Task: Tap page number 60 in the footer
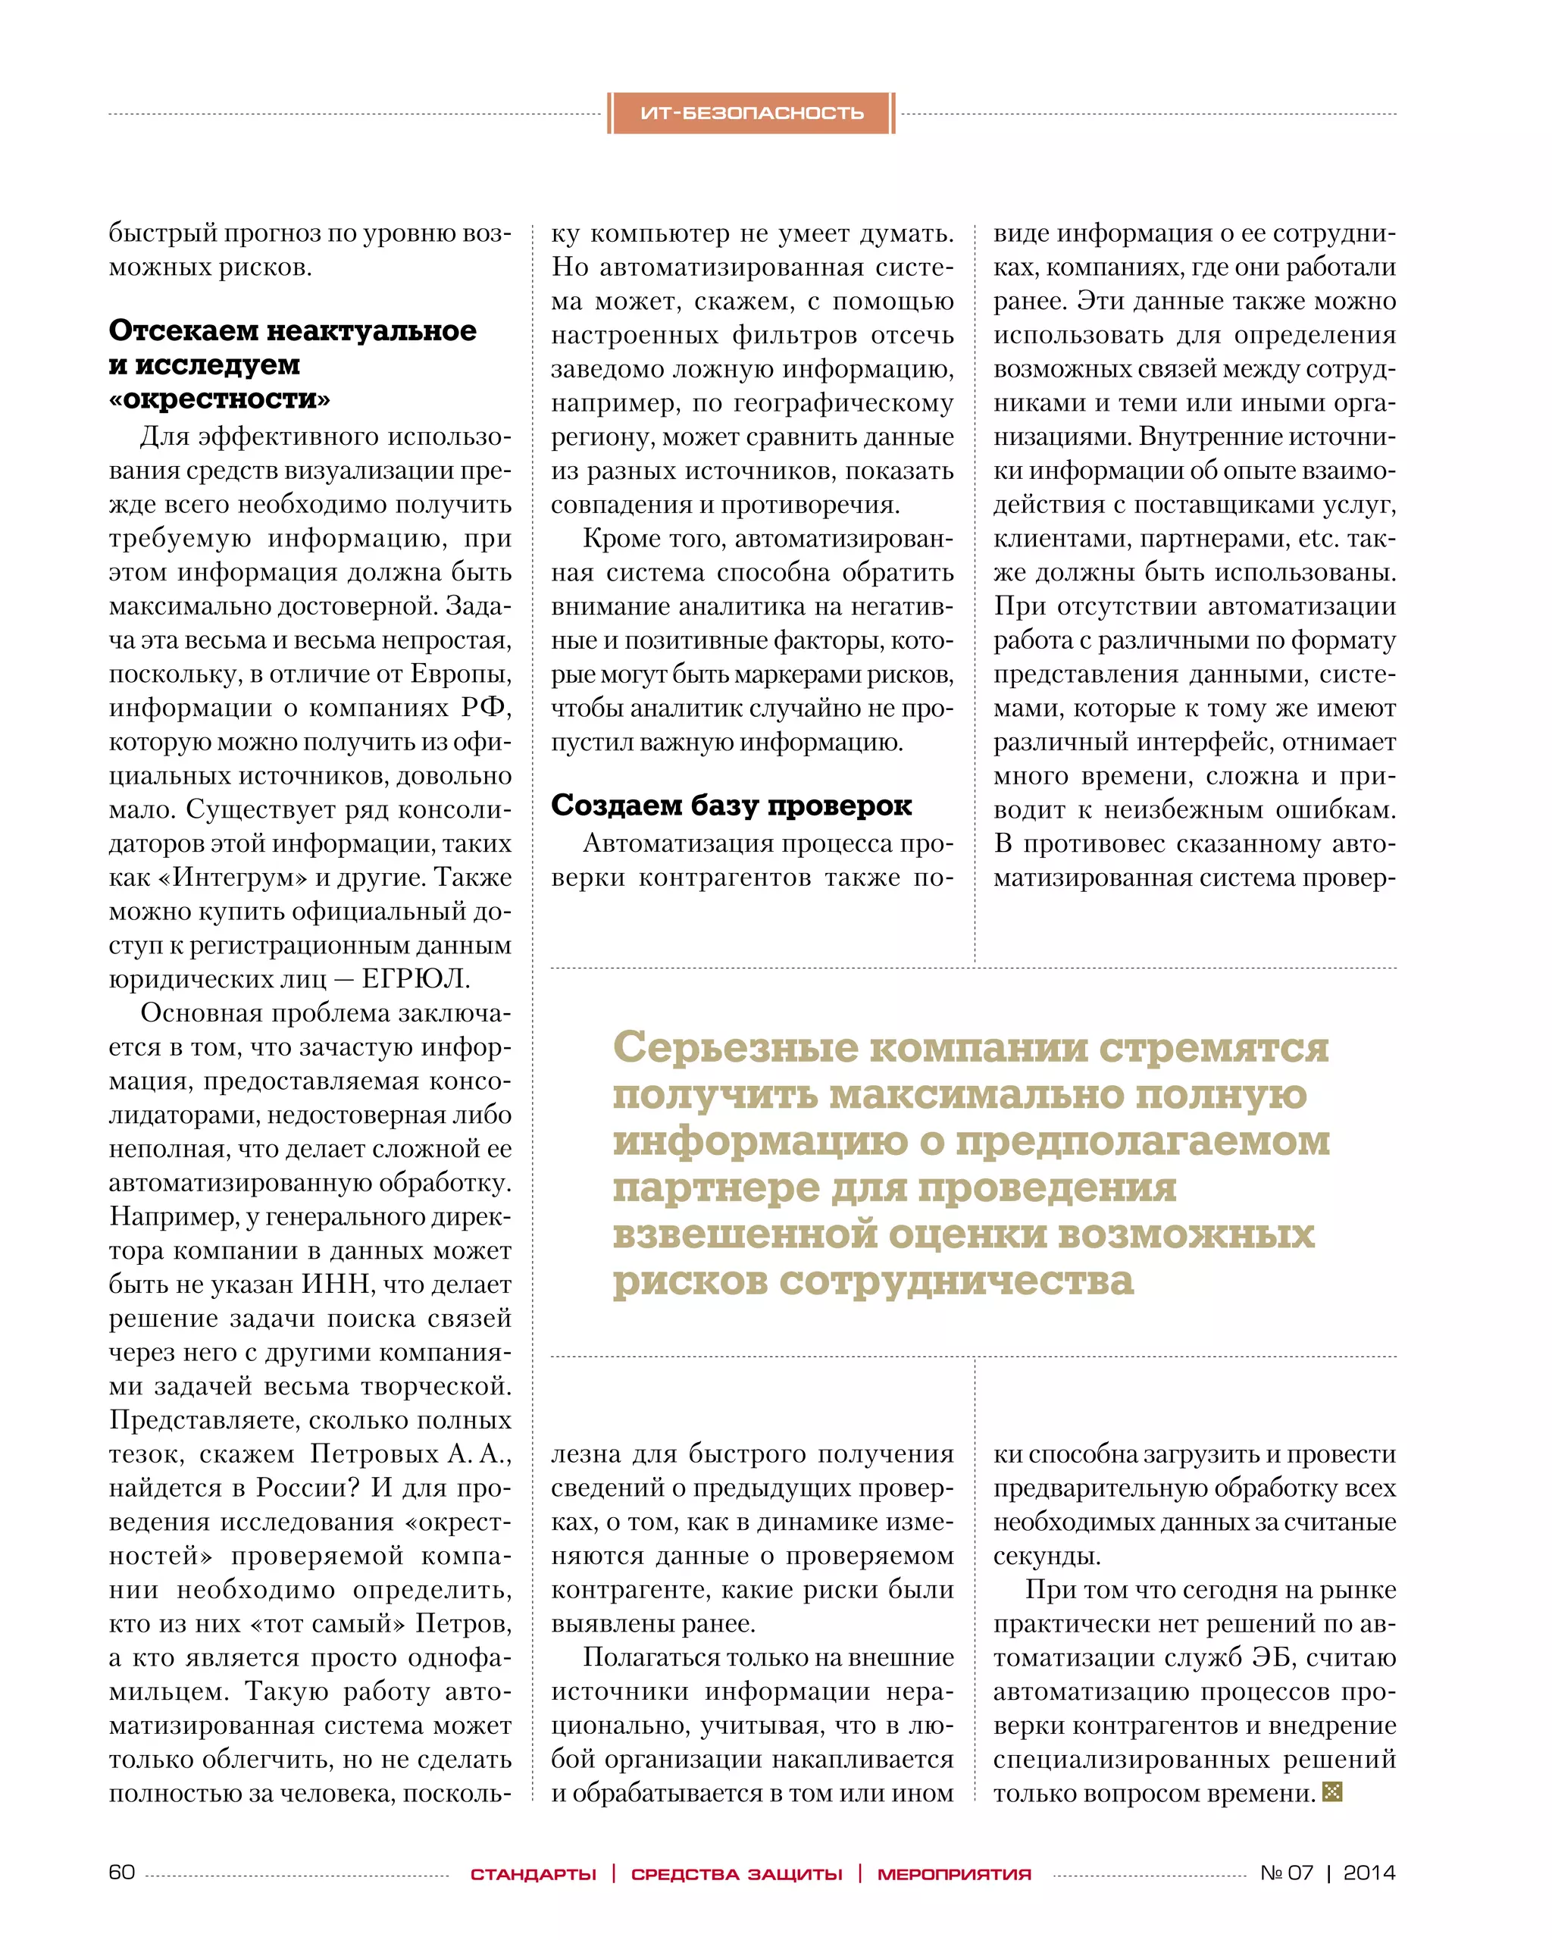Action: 121,1872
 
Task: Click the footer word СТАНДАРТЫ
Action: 533,1874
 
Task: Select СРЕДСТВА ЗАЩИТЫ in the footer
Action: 737,1874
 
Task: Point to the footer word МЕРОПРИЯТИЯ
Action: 955,1874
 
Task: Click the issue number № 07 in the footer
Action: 1287,1873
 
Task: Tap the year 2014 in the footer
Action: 1369,1873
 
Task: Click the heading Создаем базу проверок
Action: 731,805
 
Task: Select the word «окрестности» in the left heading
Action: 220,399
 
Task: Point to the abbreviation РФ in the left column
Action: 484,708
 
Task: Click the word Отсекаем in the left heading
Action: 183,330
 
